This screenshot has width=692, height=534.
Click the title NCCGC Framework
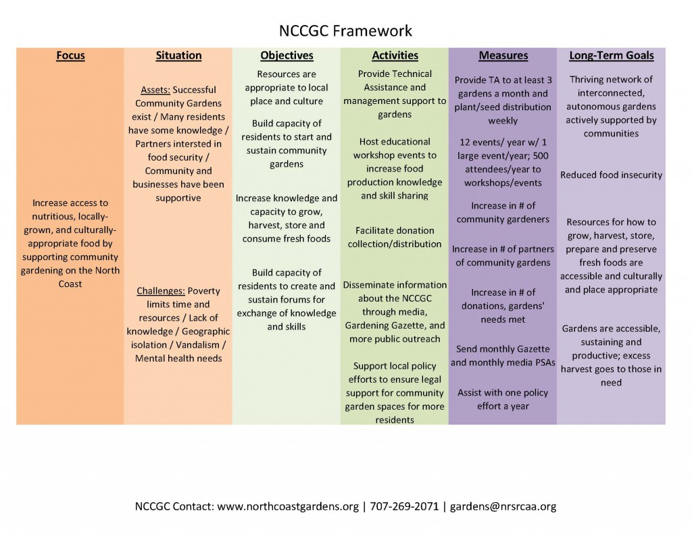[345, 31]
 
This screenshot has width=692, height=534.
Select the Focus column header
[70, 55]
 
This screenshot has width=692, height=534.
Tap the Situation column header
[178, 55]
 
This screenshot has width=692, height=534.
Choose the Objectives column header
[287, 55]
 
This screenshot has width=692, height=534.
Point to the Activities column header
[395, 55]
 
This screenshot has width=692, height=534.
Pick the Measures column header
[503, 55]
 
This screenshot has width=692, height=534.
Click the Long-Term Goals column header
[611, 55]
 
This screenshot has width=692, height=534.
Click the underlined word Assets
[154, 90]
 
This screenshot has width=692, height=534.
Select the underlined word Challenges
[161, 291]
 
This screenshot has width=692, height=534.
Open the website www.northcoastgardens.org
[287, 506]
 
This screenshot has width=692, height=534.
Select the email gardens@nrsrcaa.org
[503, 506]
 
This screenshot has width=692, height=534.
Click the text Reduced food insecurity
[611, 175]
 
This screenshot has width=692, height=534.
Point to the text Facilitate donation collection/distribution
[395, 237]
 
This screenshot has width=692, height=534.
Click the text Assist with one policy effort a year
[503, 399]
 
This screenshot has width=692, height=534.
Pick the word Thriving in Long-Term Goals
[589, 80]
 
